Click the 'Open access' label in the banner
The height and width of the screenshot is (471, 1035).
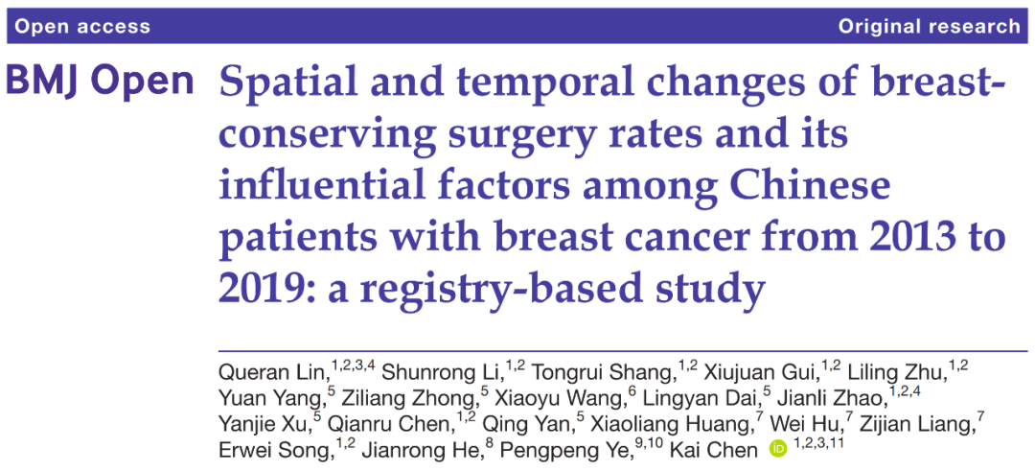point(82,26)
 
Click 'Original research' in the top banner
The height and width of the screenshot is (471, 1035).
point(929,26)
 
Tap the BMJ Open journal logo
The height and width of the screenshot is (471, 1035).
point(100,82)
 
